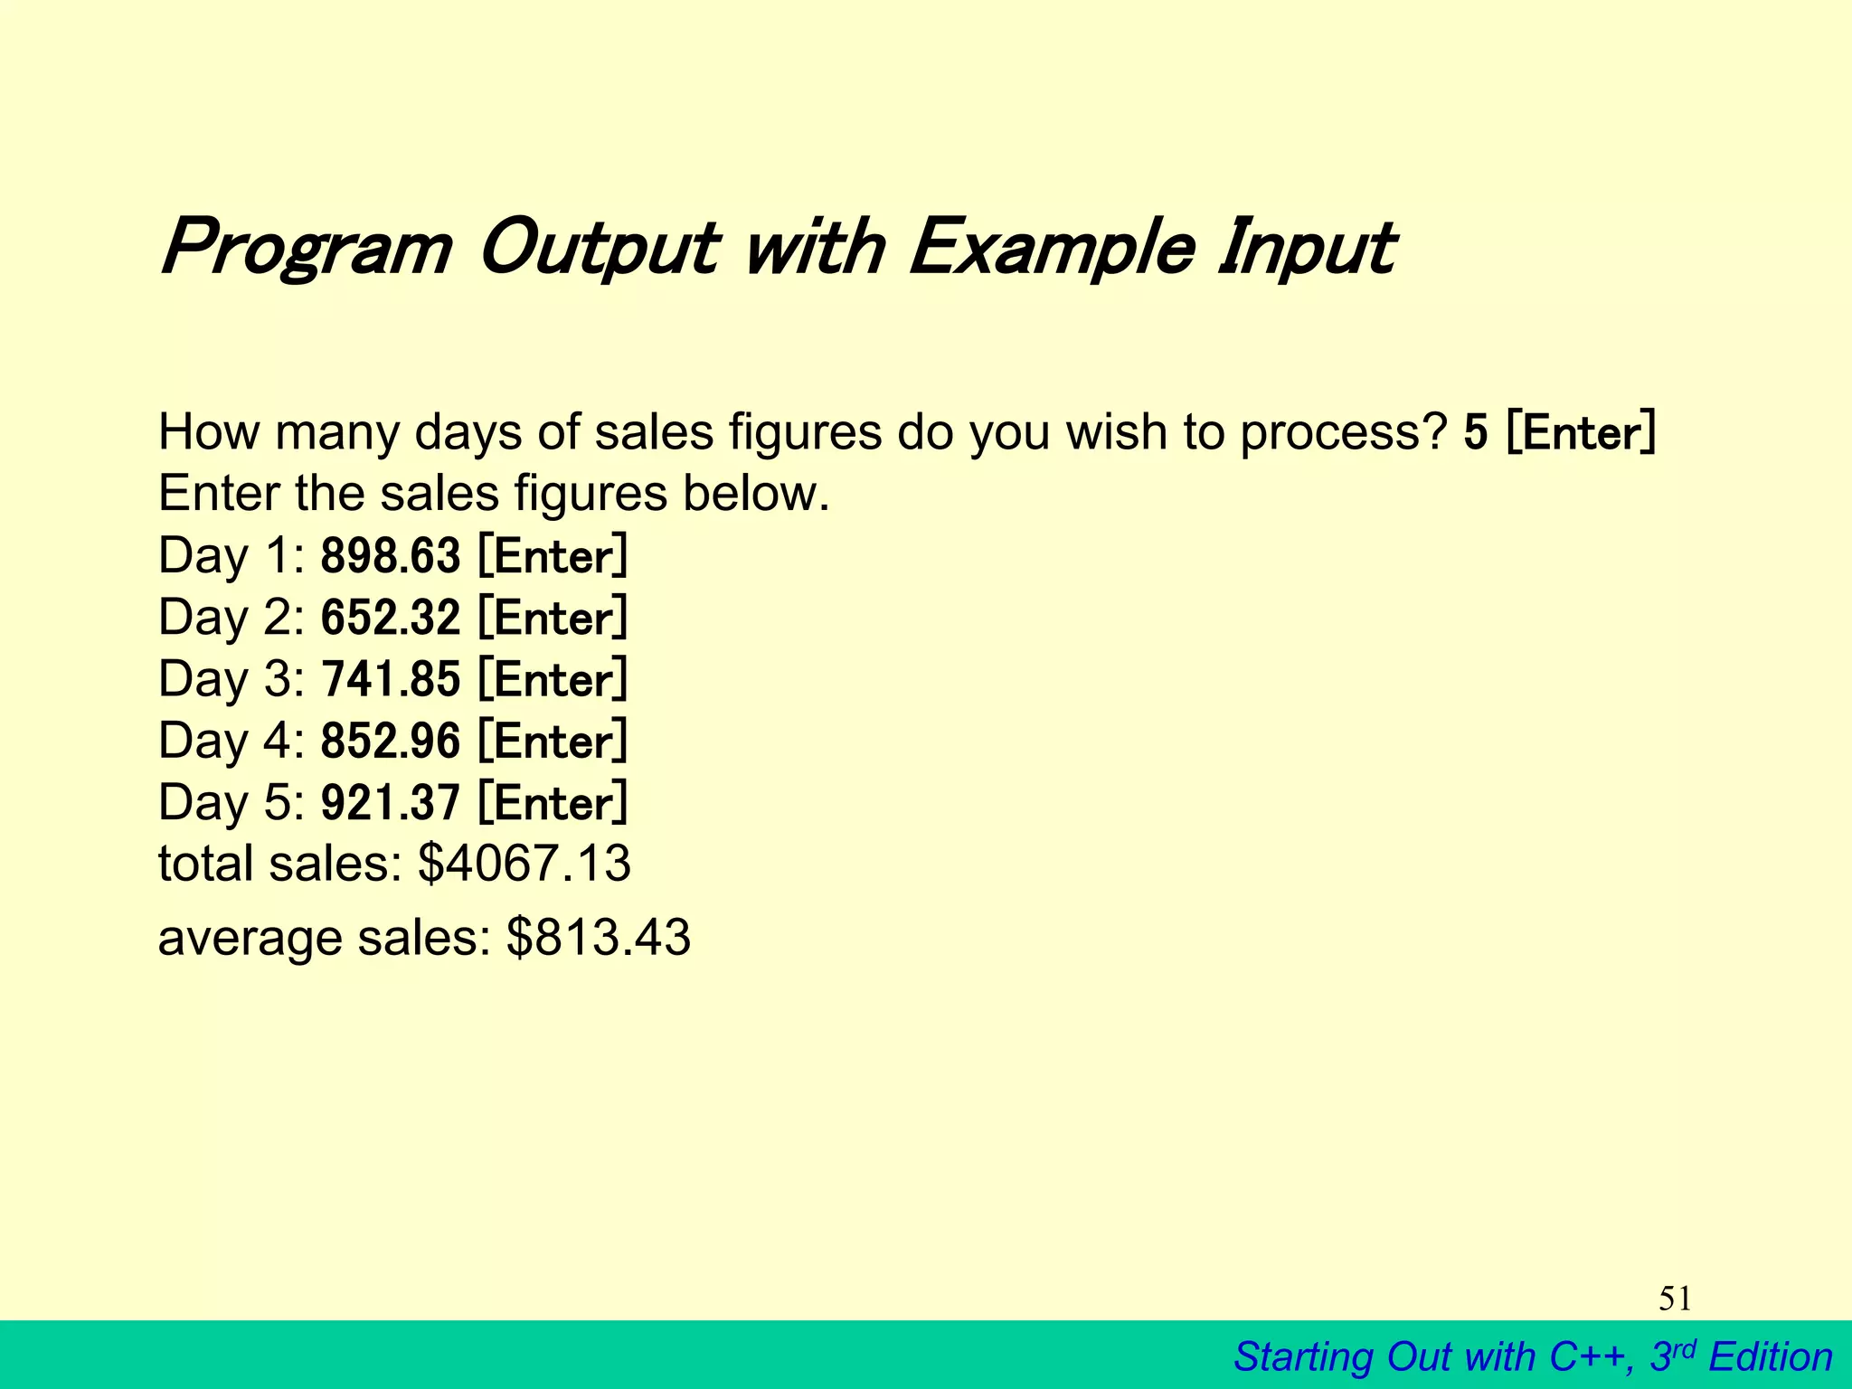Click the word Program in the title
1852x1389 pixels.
(306, 249)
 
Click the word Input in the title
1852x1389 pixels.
(1304, 249)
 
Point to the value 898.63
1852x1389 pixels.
(391, 555)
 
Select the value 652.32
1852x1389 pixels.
(391, 618)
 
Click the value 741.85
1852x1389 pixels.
(391, 679)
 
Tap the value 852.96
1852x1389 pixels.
(391, 741)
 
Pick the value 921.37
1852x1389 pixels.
(391, 803)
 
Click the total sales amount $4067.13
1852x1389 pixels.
(524, 863)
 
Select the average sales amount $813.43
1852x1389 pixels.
(599, 938)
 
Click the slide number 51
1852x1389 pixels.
(1675, 1299)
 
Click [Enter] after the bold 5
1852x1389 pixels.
(1581, 432)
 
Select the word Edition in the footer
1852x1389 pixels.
(1771, 1357)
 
